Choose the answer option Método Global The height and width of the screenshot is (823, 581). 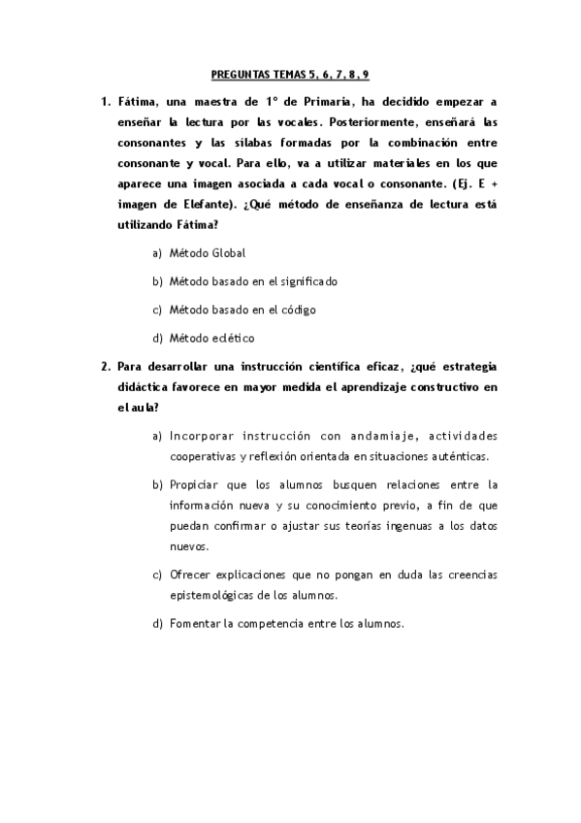(207, 253)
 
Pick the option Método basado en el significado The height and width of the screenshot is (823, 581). (252, 281)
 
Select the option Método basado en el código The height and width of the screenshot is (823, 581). (242, 310)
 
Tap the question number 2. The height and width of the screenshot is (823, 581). (105, 366)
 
